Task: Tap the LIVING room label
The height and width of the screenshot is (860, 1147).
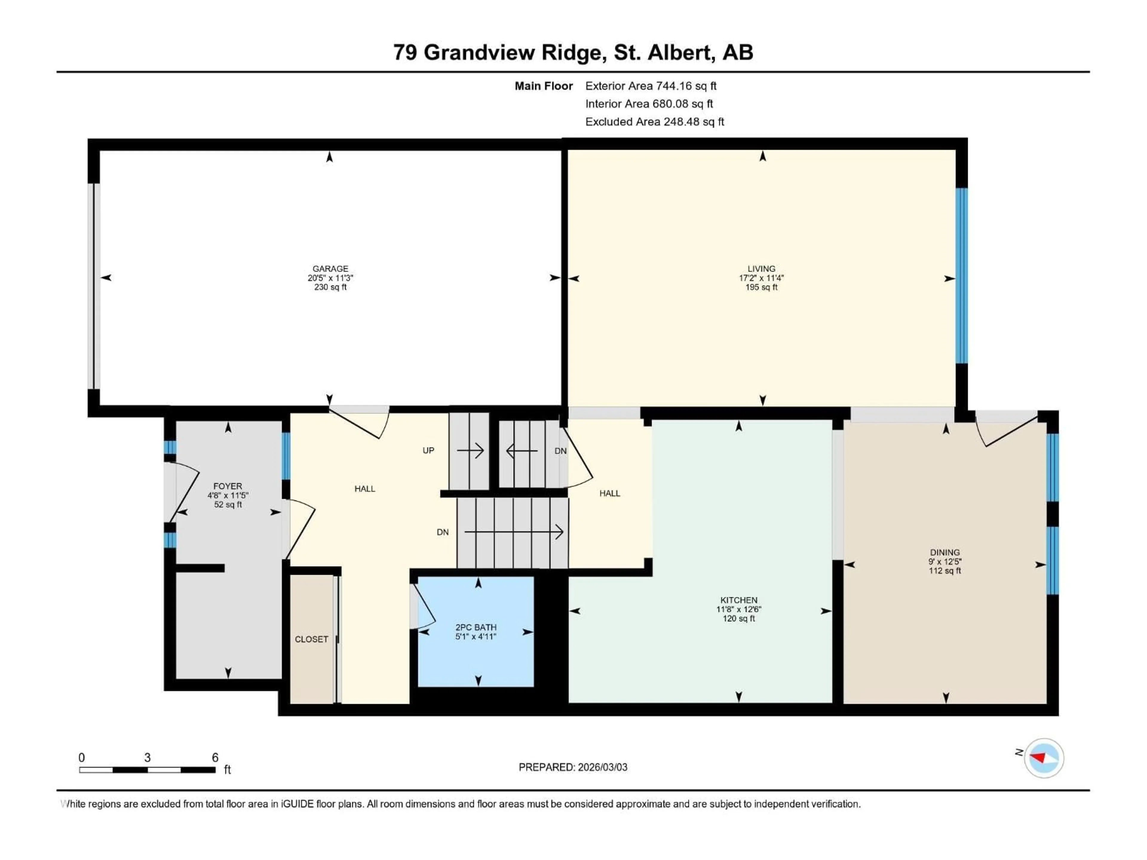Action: click(761, 268)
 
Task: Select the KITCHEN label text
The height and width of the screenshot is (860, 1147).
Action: click(738, 600)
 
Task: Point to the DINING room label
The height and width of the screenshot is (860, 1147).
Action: click(945, 552)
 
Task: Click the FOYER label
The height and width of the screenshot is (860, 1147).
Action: click(228, 486)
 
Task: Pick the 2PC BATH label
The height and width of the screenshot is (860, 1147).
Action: click(476, 627)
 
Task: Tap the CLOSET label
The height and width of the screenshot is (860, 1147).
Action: click(311, 639)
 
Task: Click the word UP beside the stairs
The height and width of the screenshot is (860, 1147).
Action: click(428, 451)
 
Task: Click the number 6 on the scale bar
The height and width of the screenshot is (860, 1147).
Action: click(215, 757)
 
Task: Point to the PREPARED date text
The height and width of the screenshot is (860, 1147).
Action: click(573, 767)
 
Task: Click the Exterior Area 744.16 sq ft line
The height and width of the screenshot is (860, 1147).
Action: click(651, 86)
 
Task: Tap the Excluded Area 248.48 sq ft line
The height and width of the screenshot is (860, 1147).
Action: click(654, 122)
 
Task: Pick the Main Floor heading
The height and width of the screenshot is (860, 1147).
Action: click(543, 86)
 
